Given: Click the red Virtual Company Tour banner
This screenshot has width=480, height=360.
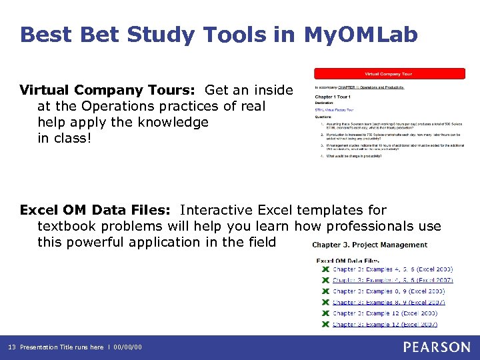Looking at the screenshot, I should pos(390,73).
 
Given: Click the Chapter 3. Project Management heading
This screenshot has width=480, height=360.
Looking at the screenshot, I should pos(369,245).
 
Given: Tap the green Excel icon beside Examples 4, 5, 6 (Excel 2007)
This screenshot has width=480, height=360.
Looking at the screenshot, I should pos(325,281).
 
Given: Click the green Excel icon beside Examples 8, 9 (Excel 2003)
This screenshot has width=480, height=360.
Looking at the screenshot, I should pos(325,291).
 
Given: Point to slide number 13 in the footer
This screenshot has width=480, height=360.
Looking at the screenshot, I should pos(12,347).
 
